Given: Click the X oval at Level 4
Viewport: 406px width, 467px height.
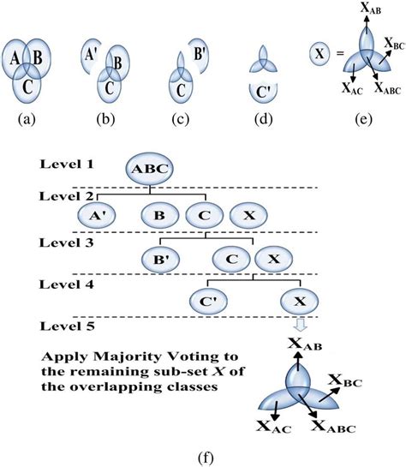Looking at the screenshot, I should click(299, 300).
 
